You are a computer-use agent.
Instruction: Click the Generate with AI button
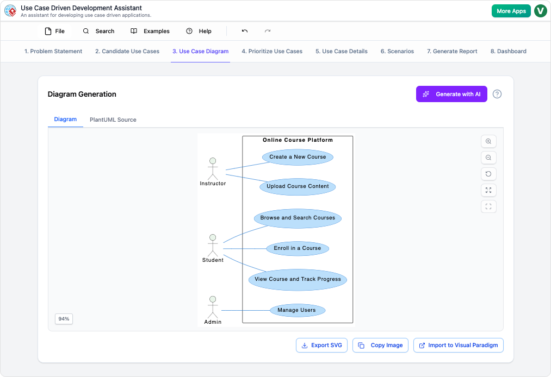pos(451,94)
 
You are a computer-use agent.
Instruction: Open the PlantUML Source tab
pos(113,120)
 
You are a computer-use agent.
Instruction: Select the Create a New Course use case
pos(298,157)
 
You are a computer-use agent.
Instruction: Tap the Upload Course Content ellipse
pos(298,186)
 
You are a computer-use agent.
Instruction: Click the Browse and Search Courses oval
pos(298,218)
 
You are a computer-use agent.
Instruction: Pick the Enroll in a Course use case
pos(298,248)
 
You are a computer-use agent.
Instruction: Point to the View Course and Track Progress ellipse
pos(298,279)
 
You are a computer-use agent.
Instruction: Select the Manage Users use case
pos(296,310)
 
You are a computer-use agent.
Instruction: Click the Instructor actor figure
pos(213,169)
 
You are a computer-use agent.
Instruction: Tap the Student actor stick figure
pos(213,246)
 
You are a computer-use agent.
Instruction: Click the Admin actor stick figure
pos(213,307)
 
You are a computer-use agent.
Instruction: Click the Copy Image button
pos(380,345)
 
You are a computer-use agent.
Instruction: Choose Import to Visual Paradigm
pos(458,345)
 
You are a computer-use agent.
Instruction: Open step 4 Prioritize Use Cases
pos(272,51)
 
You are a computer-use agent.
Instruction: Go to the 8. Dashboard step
pos(508,51)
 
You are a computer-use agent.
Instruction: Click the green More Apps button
pos(511,11)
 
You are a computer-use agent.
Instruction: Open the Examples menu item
pos(150,31)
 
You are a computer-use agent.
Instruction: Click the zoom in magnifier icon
pos(488,141)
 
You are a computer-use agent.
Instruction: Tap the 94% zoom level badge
pos(64,319)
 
